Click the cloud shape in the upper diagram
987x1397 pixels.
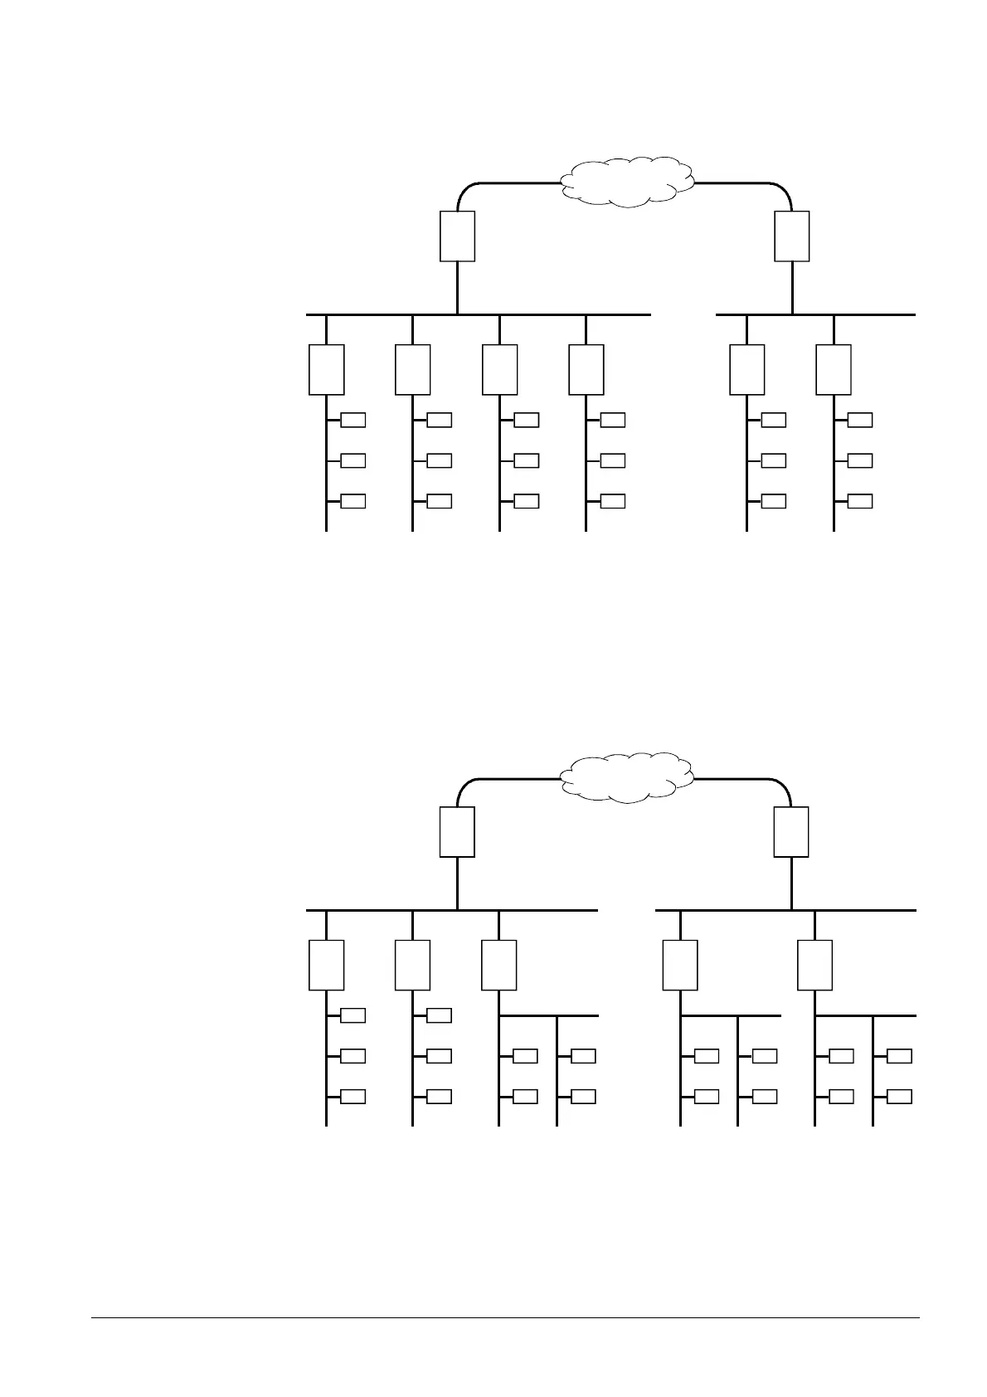628,180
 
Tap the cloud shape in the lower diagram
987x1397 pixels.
628,777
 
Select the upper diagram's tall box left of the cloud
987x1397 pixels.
457,236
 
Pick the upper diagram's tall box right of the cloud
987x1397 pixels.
792,236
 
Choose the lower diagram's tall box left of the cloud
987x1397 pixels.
457,832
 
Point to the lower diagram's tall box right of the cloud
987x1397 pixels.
791,832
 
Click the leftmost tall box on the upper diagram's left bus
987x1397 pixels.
326,370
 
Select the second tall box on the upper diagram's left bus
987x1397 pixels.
412,370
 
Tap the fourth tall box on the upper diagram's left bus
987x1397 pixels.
586,370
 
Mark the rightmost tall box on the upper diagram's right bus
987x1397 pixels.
834,370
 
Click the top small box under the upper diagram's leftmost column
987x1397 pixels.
353,420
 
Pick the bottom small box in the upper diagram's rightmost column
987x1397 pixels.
860,501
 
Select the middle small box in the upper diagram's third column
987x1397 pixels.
527,460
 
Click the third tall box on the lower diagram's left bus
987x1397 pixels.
498,966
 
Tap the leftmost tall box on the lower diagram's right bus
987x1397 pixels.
680,966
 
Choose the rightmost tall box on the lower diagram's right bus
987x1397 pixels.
814,966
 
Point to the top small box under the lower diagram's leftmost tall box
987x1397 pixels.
353,1015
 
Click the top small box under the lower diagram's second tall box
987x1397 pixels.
440,1015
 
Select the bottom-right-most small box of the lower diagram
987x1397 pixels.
899,1097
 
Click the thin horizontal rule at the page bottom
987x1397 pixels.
505,1318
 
